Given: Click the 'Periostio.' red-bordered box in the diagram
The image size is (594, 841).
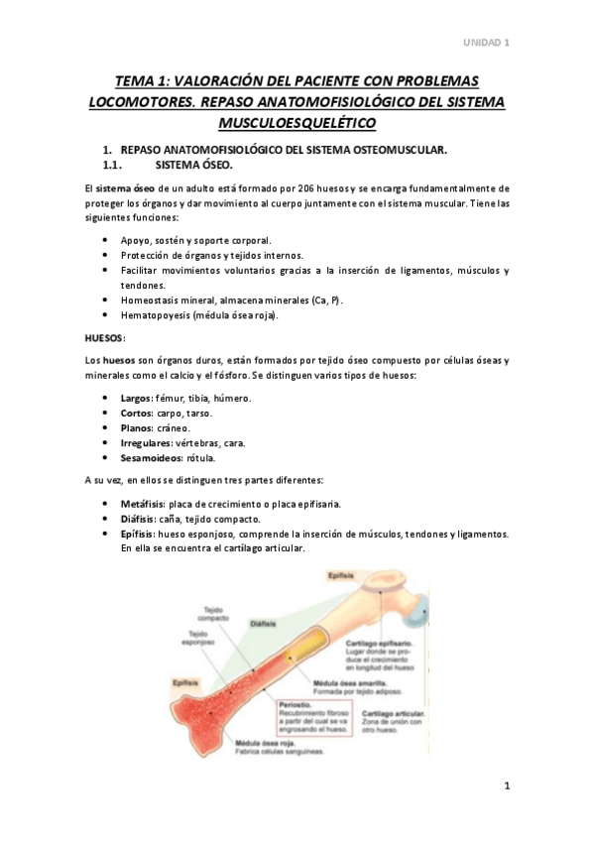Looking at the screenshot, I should point(309,716).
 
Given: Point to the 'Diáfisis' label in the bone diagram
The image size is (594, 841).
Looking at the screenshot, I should point(263,623).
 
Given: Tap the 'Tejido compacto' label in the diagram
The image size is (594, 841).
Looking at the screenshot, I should point(213,615).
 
